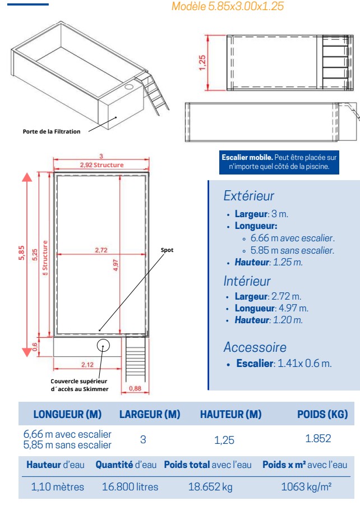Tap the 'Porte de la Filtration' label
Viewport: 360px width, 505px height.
click(52, 132)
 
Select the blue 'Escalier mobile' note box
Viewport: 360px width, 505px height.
click(280, 162)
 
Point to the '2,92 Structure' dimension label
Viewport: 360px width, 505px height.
click(101, 165)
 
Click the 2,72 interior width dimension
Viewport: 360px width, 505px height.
click(101, 250)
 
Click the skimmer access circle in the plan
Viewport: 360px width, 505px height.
click(103, 345)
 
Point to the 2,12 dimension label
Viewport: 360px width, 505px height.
click(87, 364)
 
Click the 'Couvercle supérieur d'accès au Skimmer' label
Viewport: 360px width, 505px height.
click(79, 385)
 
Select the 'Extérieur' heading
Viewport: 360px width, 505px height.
click(249, 196)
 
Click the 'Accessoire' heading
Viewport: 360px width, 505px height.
click(255, 347)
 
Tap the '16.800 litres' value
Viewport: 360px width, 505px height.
click(130, 486)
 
